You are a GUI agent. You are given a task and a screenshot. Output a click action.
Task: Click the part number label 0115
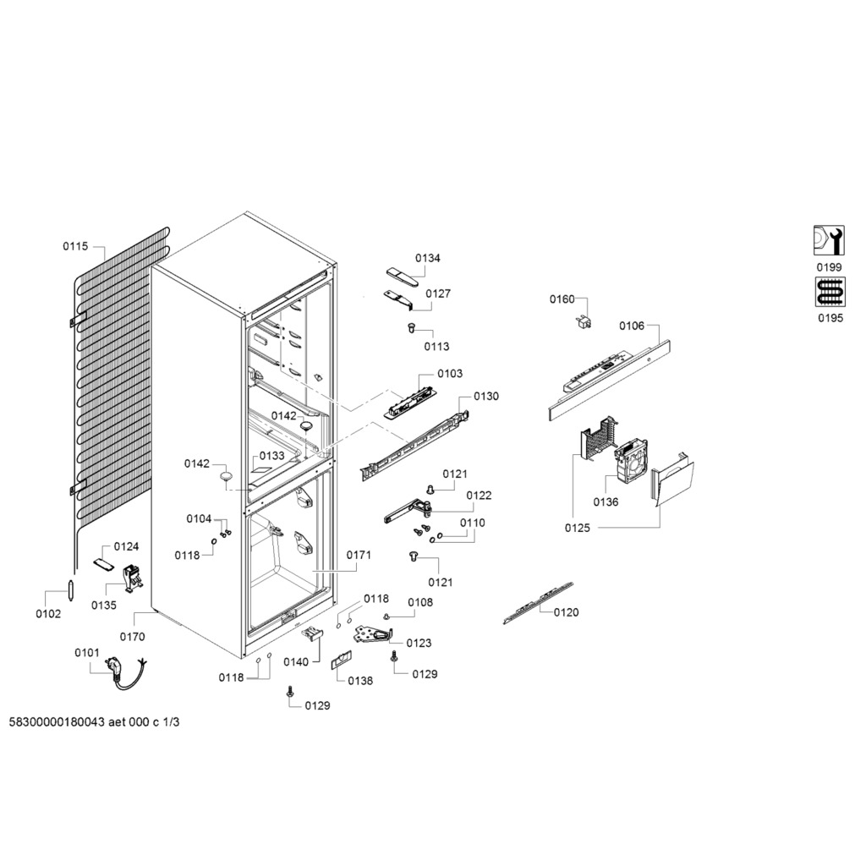tap(74, 246)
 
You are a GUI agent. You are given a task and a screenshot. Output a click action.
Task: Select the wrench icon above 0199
tap(829, 241)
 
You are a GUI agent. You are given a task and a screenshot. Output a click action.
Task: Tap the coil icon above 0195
tap(829, 293)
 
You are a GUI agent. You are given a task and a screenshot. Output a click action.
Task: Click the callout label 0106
tap(632, 326)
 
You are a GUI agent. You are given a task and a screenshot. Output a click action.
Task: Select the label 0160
tap(562, 299)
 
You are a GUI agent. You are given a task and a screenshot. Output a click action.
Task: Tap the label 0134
tap(427, 258)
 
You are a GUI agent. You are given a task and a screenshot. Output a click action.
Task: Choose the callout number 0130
tap(486, 396)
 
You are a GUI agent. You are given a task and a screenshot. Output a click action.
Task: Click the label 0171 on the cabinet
tap(359, 556)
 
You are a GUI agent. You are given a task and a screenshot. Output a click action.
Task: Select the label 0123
tap(419, 643)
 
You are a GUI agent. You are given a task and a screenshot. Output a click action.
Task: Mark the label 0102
tap(48, 614)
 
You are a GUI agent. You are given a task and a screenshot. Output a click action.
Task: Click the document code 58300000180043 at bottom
tap(58, 723)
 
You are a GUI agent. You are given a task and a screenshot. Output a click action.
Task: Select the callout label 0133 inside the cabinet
tap(271, 456)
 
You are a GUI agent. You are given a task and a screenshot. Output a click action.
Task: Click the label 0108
tap(420, 602)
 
